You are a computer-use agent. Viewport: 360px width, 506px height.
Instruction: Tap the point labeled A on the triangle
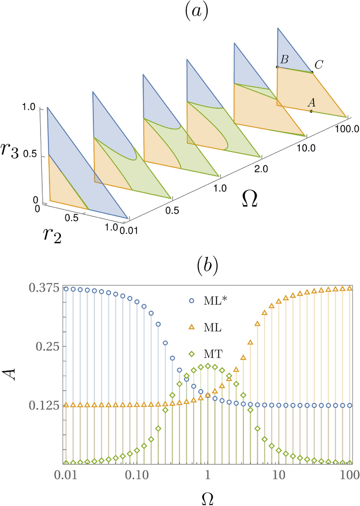[311, 111]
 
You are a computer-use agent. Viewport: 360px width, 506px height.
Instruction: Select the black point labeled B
[277, 67]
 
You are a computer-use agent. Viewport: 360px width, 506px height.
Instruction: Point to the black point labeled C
[312, 72]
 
